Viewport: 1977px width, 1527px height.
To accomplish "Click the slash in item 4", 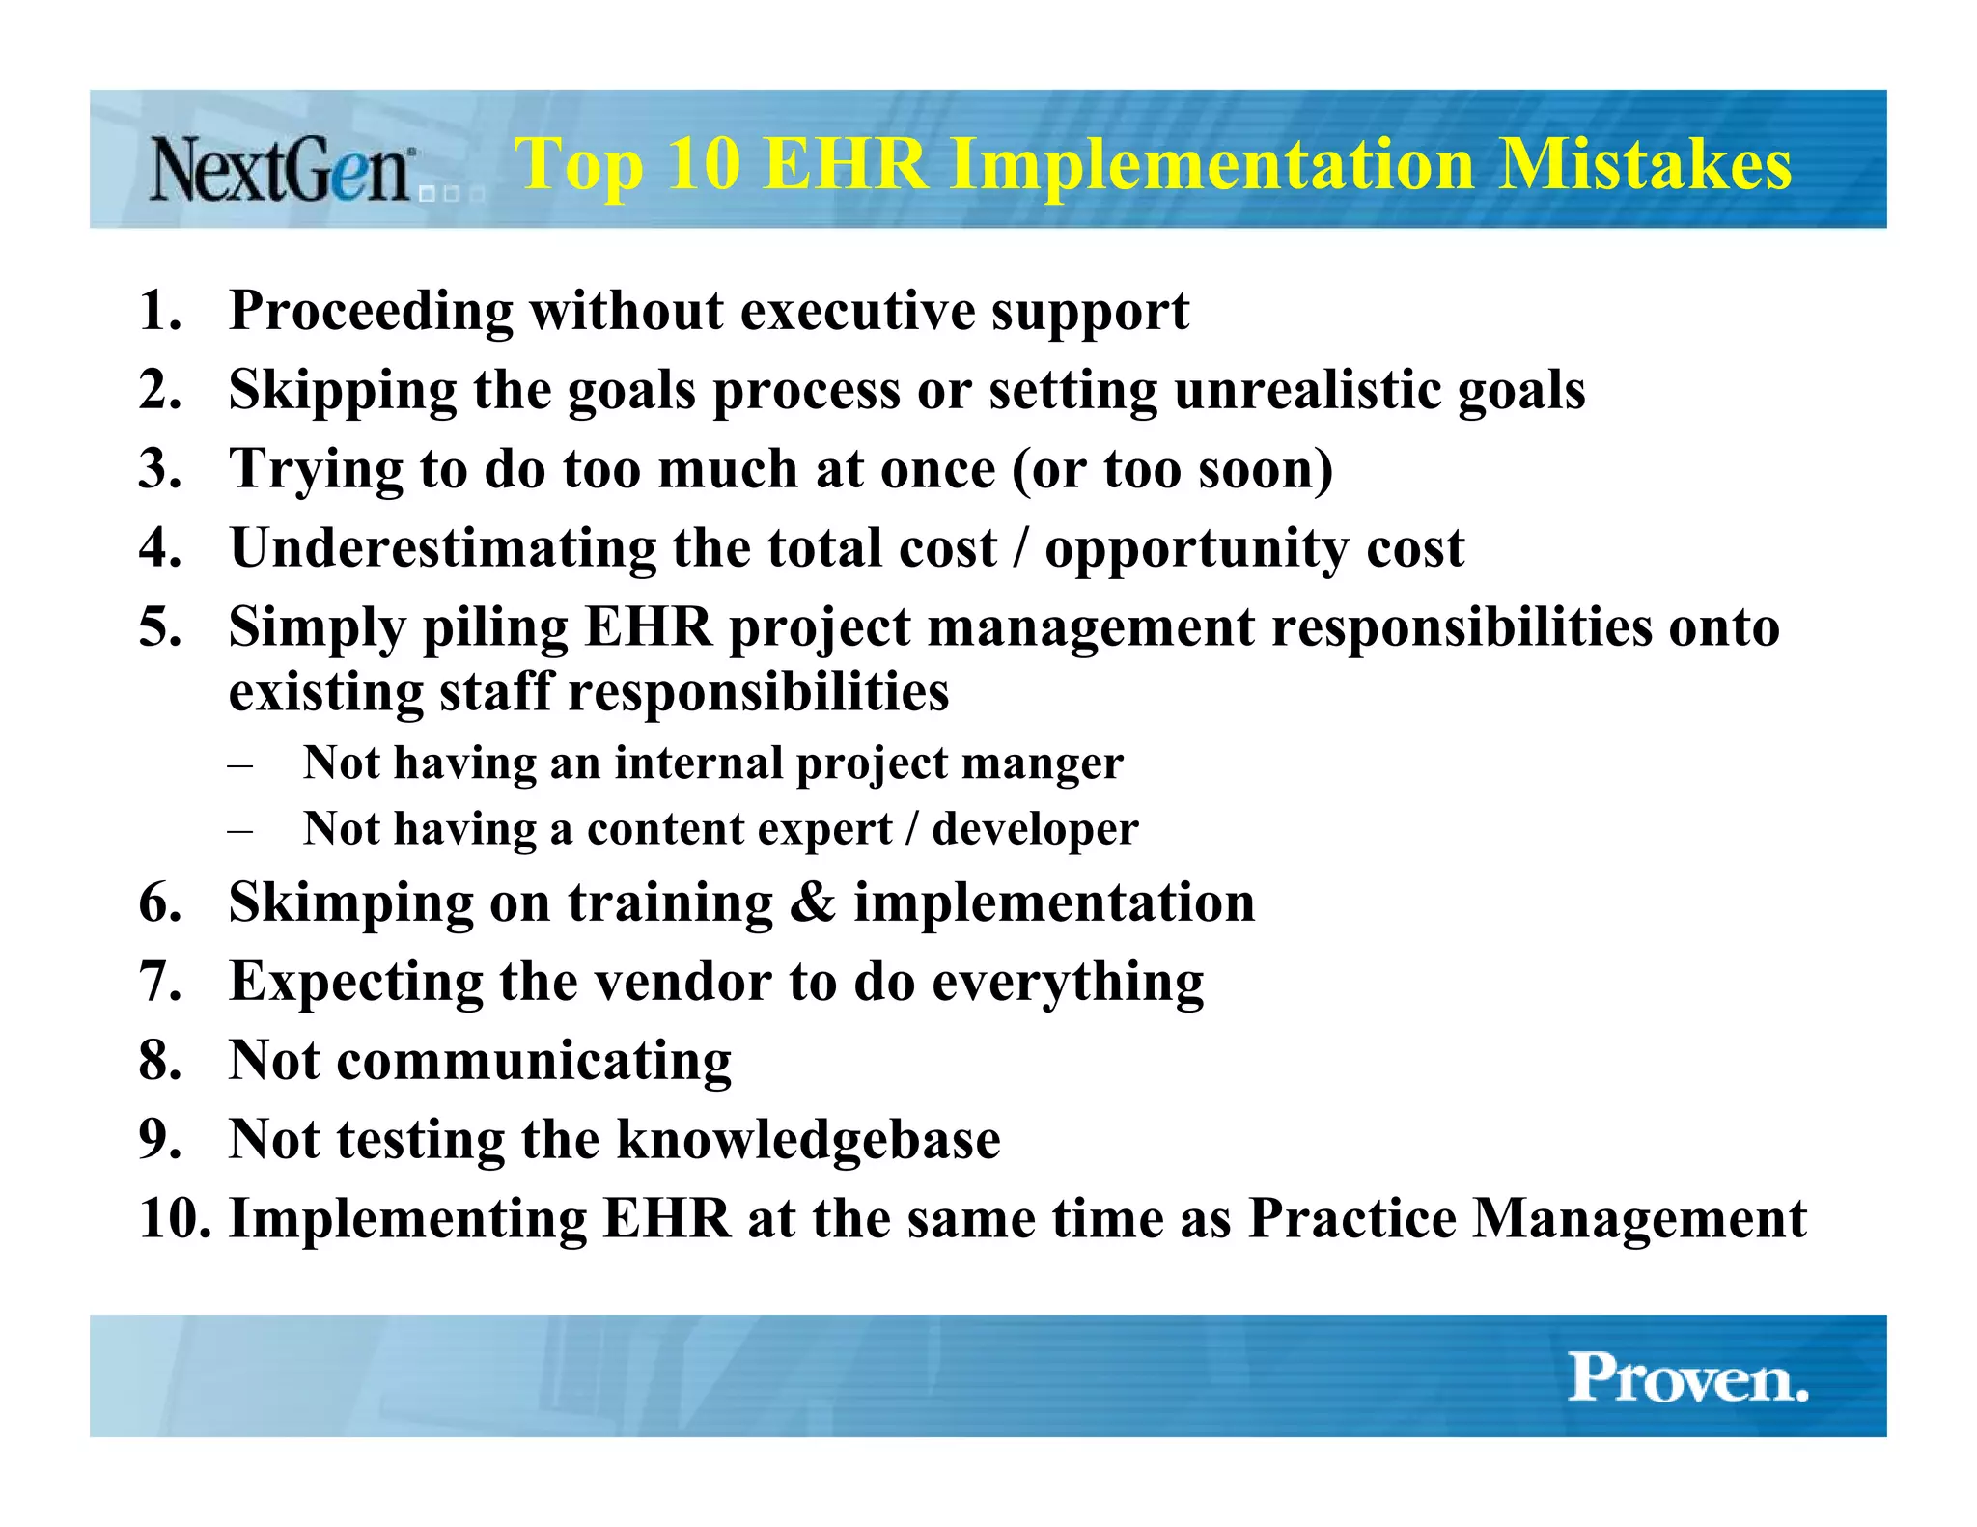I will [x=1021, y=548].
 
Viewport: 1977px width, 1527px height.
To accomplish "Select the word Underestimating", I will [x=443, y=548].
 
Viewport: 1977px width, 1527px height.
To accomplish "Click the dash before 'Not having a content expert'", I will [x=240, y=830].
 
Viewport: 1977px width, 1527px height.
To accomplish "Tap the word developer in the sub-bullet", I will [x=1035, y=829].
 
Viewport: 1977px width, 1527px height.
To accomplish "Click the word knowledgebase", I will [x=808, y=1140].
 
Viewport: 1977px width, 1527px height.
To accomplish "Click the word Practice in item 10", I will [x=1351, y=1218].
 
